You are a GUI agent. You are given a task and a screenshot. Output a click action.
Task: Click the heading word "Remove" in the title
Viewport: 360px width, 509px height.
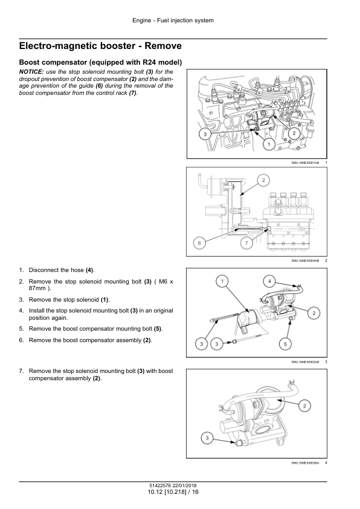(x=163, y=46)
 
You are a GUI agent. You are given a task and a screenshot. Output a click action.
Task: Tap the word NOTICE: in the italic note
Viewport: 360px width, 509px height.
(x=31, y=72)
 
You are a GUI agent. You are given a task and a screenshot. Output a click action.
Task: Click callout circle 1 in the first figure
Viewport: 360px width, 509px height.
(x=269, y=144)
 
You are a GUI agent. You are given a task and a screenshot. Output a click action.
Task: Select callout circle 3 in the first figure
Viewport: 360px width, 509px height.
(x=205, y=134)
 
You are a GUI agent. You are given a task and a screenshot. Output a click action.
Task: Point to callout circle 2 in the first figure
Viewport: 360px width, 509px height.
(x=294, y=133)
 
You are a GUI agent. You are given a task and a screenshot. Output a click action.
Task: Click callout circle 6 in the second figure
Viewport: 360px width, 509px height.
(x=199, y=243)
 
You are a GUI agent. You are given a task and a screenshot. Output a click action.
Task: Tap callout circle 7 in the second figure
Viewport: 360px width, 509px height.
(x=246, y=243)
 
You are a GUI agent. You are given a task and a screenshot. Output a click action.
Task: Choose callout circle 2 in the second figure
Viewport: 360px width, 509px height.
(x=263, y=180)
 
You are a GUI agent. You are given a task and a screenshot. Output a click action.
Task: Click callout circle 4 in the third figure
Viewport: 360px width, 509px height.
(x=269, y=281)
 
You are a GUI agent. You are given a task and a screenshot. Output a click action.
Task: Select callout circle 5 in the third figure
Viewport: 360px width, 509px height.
(x=286, y=344)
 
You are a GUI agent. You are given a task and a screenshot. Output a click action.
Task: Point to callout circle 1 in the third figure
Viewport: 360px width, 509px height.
(x=222, y=281)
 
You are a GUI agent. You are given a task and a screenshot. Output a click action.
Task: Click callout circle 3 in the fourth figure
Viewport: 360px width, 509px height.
(x=207, y=439)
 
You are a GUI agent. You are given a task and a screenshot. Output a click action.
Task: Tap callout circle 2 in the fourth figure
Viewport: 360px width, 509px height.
(x=304, y=406)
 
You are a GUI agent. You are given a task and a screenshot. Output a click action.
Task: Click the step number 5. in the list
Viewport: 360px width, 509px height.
(x=21, y=329)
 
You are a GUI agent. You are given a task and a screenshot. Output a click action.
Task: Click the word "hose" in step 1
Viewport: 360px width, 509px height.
(x=77, y=270)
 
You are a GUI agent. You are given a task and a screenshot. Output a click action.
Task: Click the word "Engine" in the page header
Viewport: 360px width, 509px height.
(x=142, y=21)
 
